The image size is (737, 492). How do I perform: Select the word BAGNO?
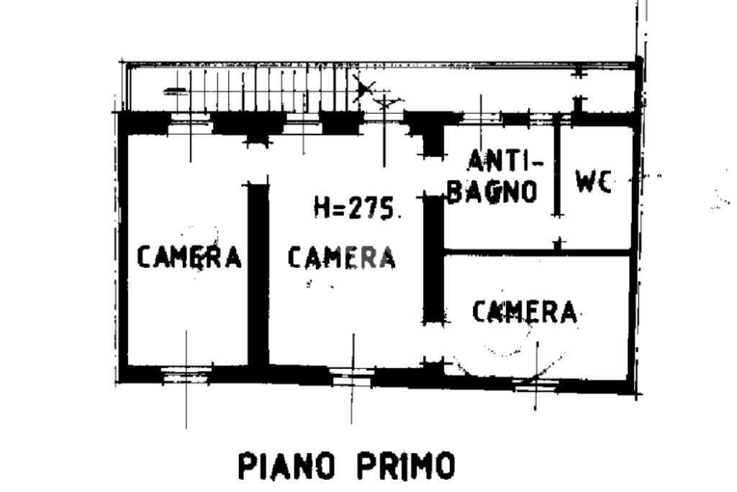pyautogui.click(x=492, y=192)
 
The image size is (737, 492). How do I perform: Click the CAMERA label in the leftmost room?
pyautogui.click(x=189, y=256)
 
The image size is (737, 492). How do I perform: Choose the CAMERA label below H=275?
pyautogui.click(x=342, y=257)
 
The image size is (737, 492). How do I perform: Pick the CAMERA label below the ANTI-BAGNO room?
pyautogui.click(x=525, y=311)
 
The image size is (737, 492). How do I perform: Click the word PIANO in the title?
pyautogui.click(x=286, y=466)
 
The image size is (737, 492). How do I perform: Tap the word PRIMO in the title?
pyautogui.click(x=406, y=466)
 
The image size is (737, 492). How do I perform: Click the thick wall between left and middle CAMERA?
pyautogui.click(x=258, y=274)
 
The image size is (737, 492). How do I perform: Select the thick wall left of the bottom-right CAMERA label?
pyautogui.click(x=432, y=259)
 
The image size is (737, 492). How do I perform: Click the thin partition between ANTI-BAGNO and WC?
pyautogui.click(x=556, y=166)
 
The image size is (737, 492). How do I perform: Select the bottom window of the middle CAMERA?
pyautogui.click(x=352, y=374)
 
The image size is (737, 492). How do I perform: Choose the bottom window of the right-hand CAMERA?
pyautogui.click(x=535, y=383)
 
